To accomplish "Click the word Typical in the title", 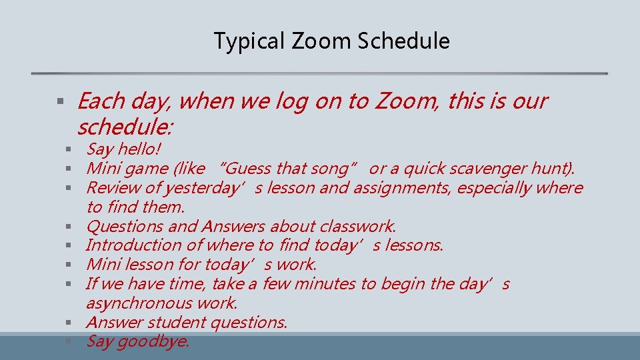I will coord(243,41).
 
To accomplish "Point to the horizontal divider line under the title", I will coord(320,73).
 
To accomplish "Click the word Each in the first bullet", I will coord(101,101).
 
